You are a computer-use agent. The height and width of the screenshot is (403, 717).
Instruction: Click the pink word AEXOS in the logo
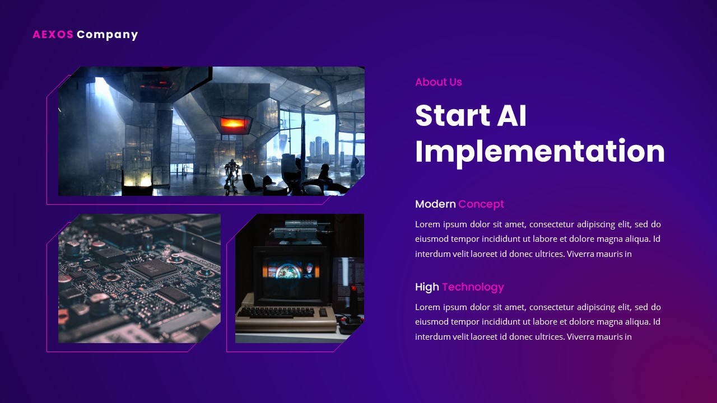pyautogui.click(x=53, y=35)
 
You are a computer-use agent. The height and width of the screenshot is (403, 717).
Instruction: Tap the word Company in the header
pyautogui.click(x=107, y=35)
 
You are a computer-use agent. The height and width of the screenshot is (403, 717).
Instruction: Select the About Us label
pyautogui.click(x=438, y=82)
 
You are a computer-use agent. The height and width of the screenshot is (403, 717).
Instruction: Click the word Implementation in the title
pyautogui.click(x=539, y=151)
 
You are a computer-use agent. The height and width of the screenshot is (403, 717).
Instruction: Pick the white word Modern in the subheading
pyautogui.click(x=435, y=204)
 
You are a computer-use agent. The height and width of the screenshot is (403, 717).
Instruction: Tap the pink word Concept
pyautogui.click(x=481, y=204)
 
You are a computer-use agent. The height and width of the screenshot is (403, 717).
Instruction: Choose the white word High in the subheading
pyautogui.click(x=427, y=287)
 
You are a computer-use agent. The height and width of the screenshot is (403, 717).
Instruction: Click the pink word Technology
pyautogui.click(x=473, y=287)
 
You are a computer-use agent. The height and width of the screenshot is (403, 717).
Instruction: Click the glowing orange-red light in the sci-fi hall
pyautogui.click(x=232, y=123)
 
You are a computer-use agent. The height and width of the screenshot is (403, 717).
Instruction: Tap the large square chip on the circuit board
pyautogui.click(x=150, y=269)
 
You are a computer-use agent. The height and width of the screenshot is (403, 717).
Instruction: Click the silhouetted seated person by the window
pyautogui.click(x=323, y=174)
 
